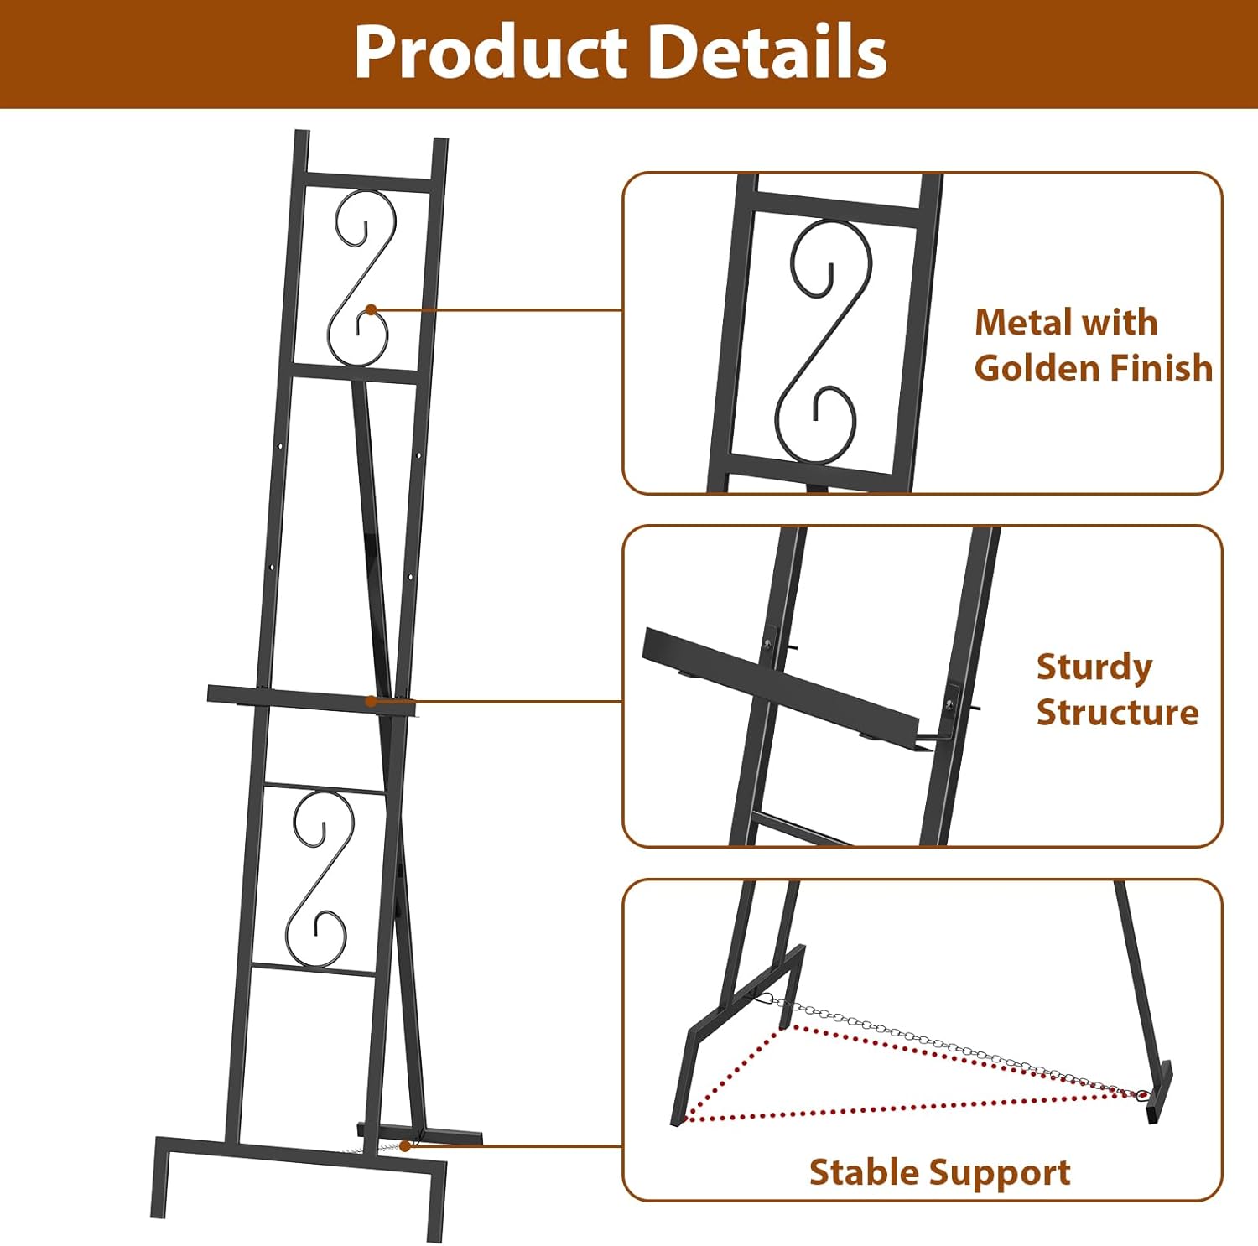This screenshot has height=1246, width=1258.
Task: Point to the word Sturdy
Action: coord(1094,667)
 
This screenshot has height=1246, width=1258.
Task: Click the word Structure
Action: coord(1117,713)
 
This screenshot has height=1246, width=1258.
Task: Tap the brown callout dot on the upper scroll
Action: coord(371,310)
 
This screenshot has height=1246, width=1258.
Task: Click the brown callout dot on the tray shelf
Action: coord(370,700)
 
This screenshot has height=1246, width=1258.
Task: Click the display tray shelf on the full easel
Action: coord(310,698)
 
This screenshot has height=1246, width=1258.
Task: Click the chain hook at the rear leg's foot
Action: coord(1141,1094)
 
